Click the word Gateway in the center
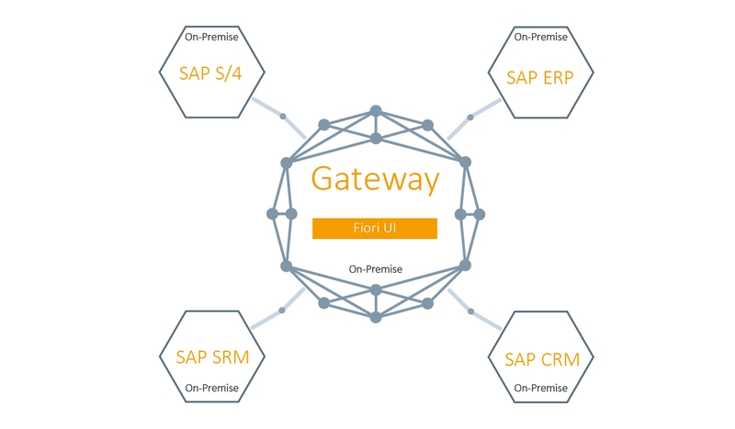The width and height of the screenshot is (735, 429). click(375, 178)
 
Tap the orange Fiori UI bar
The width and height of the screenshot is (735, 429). click(375, 228)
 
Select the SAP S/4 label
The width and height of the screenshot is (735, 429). click(211, 74)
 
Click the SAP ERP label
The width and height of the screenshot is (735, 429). click(540, 77)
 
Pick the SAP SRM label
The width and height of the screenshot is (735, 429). click(212, 357)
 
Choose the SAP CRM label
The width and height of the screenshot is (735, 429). click(542, 359)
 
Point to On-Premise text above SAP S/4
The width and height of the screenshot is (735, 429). click(211, 38)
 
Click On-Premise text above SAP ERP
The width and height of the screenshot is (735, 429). click(540, 38)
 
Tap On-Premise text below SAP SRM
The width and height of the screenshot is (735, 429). click(212, 389)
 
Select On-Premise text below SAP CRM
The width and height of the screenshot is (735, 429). click(542, 389)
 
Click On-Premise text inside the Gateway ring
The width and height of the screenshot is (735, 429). click(376, 269)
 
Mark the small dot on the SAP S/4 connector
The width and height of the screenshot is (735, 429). click(283, 117)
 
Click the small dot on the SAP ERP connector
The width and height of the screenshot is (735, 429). click(470, 118)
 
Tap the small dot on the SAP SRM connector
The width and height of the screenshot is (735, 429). click(282, 310)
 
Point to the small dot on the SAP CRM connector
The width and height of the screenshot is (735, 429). click(470, 311)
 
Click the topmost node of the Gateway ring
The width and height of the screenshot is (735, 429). click(376, 110)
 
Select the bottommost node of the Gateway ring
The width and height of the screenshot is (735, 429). click(376, 317)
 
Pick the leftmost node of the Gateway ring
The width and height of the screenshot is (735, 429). click(272, 214)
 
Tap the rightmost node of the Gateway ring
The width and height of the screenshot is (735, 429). click(480, 214)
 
